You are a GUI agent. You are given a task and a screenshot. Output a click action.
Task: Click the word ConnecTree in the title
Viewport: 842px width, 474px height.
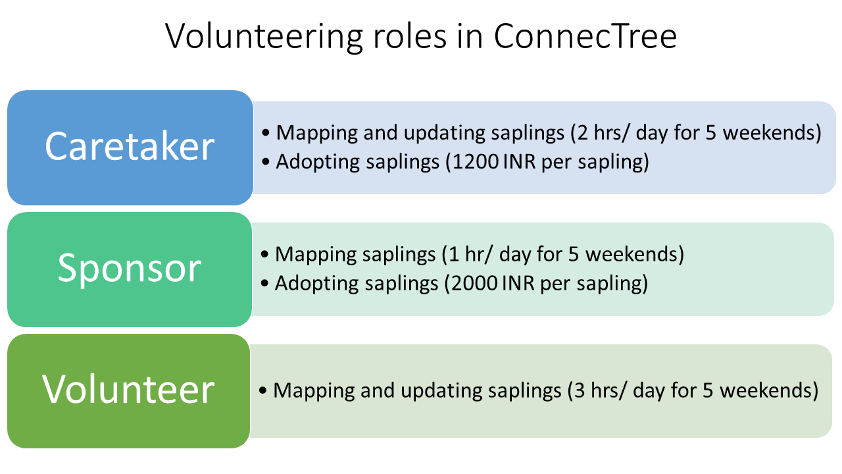[x=585, y=36]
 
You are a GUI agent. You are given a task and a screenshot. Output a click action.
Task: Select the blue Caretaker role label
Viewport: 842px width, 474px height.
[x=130, y=146]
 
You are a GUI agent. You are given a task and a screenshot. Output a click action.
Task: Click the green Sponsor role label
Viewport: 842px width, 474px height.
[x=130, y=269]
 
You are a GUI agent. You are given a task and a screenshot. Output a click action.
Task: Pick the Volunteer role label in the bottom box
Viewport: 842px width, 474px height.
[x=128, y=389]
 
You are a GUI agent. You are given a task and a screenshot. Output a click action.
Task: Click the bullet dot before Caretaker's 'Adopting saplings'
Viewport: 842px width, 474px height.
[x=266, y=162]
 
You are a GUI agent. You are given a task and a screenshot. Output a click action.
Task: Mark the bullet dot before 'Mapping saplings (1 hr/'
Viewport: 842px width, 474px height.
[x=264, y=254]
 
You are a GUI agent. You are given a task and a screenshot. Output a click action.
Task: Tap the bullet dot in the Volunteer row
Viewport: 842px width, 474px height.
[x=263, y=390]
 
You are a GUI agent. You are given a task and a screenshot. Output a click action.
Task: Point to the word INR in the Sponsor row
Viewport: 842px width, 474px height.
[x=518, y=283]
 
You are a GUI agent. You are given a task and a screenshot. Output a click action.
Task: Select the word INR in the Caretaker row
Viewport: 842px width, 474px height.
[x=520, y=162]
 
